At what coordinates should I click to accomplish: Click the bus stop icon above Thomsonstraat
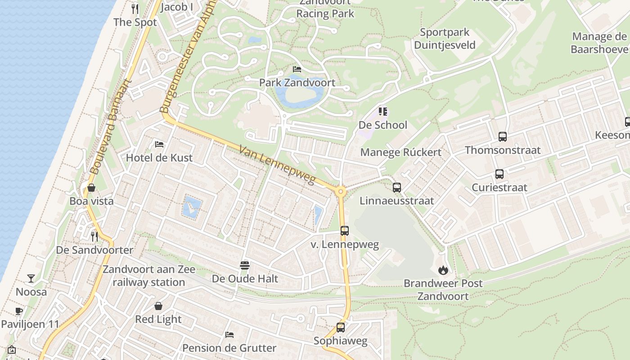coord(503,136)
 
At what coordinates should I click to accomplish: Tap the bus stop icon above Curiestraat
coord(499,174)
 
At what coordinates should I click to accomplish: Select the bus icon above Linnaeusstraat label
coord(396,188)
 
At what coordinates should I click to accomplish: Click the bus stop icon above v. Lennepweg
coord(345,231)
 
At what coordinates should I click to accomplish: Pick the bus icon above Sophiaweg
coord(341,328)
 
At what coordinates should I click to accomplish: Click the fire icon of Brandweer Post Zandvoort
coord(443,270)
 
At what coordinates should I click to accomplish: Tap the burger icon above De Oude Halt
coord(245,265)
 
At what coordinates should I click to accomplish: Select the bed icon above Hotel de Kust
coord(159,144)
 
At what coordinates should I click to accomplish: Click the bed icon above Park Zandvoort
coord(297,69)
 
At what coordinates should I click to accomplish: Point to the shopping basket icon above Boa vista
coord(91,188)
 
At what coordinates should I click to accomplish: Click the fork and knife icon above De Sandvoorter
coord(94,236)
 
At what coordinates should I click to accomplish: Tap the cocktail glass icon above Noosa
coord(31,279)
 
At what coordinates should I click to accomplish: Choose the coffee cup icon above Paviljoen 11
coord(19,311)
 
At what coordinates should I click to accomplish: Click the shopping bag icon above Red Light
coord(158,306)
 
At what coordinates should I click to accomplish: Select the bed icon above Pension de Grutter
coord(229,335)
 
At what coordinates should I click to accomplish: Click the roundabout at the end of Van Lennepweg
coord(341,192)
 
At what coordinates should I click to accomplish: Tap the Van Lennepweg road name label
coord(277,165)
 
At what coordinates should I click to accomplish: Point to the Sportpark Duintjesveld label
coord(445,39)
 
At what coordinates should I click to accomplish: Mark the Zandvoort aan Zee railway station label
coord(149,276)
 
